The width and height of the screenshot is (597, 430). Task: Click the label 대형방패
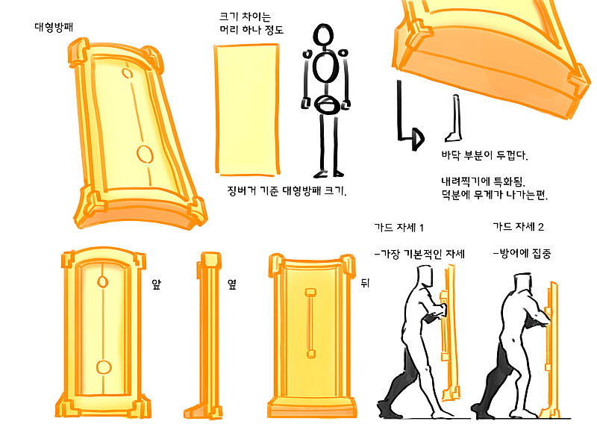point(54,28)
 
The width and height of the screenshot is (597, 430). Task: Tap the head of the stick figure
point(323,34)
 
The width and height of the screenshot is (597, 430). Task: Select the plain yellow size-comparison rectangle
point(248,110)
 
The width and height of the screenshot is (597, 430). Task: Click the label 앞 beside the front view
point(157,284)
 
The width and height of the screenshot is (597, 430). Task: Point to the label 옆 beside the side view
point(232,284)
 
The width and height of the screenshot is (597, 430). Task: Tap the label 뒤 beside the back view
point(365,283)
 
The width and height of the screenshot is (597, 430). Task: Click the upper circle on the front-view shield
point(103,282)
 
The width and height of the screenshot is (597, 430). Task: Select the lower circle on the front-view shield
point(104,367)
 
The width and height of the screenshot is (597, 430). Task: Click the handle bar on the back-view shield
point(310,323)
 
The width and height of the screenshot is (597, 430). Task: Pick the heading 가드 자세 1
point(399,228)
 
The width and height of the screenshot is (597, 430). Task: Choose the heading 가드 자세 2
point(518,227)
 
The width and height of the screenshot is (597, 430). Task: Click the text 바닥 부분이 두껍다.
point(484,155)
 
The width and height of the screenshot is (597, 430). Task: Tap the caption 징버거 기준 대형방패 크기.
point(287,191)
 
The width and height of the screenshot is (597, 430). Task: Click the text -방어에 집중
point(522,254)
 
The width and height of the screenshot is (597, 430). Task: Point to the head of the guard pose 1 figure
point(425,275)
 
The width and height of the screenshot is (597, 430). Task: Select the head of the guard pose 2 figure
point(522,283)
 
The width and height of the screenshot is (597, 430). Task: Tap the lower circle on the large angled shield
point(145,154)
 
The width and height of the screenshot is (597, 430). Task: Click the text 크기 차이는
point(246,16)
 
